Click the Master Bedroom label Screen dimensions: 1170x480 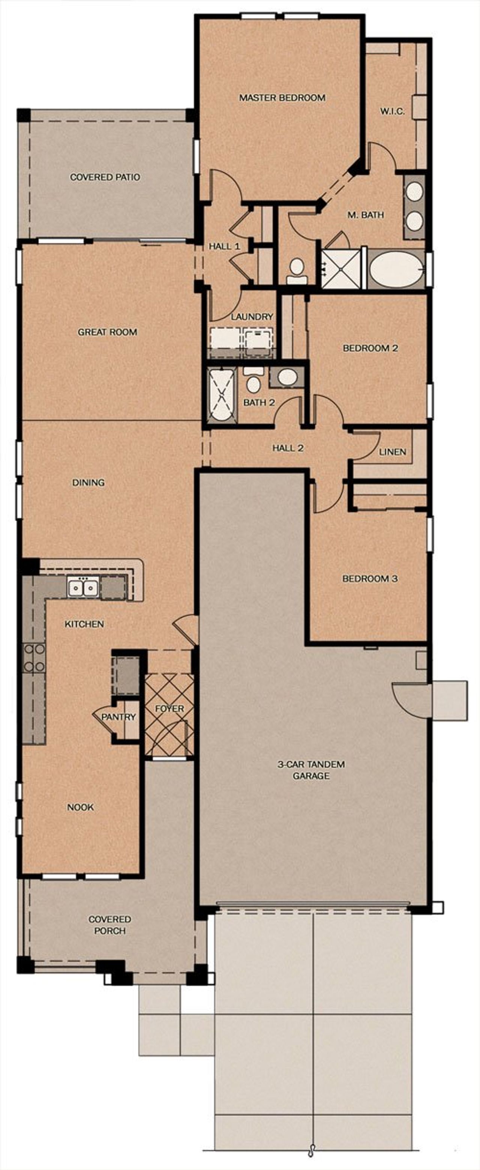[282, 98]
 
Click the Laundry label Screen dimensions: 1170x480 [252, 317]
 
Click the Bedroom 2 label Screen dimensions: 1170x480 [370, 348]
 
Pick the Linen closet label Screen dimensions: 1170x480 [392, 452]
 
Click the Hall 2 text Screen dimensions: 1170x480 [288, 448]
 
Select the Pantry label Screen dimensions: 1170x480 [118, 717]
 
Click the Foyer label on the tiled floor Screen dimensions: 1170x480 [169, 708]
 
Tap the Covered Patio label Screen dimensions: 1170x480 [105, 177]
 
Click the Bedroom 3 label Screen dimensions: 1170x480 [370, 579]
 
